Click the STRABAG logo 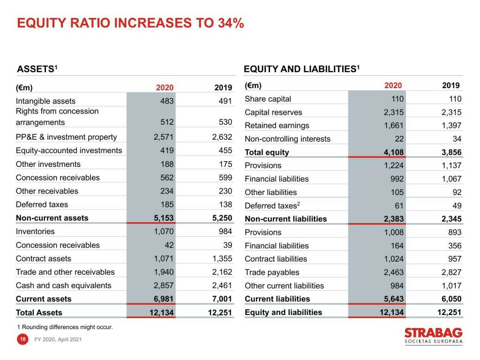(433, 336)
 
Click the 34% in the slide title (231, 23)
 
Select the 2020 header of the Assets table (165, 87)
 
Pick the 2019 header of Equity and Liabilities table (451, 85)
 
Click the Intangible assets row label (45, 101)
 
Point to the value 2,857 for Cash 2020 (164, 285)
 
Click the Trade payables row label (272, 272)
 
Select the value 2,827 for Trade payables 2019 (451, 272)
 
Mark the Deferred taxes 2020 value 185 (167, 204)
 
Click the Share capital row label (268, 99)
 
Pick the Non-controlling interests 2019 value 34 (457, 139)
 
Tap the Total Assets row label (39, 313)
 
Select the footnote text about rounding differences (65, 327)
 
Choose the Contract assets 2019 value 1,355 (222, 259)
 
